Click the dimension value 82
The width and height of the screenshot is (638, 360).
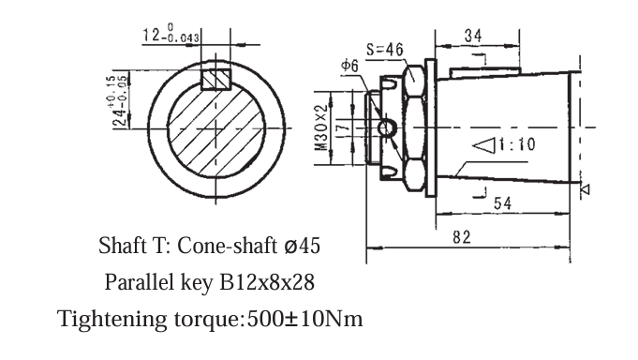coord(462,238)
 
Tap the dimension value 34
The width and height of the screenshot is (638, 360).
coord(473,36)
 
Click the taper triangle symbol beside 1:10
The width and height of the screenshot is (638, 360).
coord(483,145)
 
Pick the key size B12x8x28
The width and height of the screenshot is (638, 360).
coord(266,282)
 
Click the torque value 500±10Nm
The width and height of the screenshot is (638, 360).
coord(304,318)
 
